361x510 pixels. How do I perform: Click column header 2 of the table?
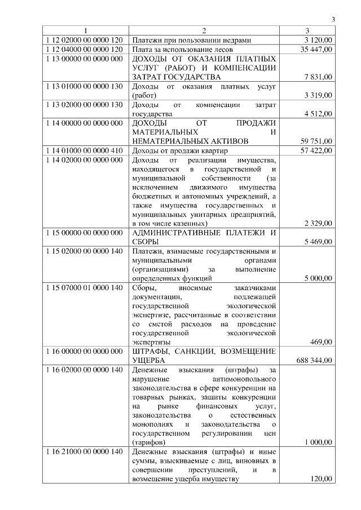pos(204,31)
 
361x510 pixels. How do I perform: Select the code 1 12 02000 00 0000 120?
pos(83,40)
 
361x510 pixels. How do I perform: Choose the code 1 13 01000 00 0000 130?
pos(83,86)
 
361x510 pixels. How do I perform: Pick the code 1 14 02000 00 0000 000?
pos(83,159)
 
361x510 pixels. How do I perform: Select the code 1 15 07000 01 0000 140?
pos(83,288)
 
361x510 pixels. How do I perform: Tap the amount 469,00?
pos(322,342)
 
